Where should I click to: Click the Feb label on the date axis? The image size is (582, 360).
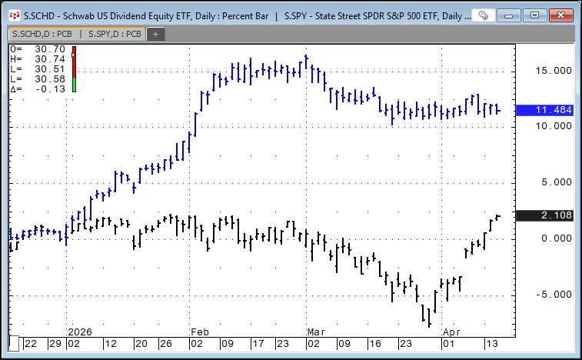click(x=198, y=332)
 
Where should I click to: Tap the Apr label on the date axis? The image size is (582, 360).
click(x=451, y=332)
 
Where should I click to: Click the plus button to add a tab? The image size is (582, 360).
click(x=155, y=33)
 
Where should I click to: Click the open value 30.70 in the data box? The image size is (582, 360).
click(x=50, y=49)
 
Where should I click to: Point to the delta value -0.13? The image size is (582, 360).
click(x=50, y=88)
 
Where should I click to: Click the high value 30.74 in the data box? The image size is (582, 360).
click(x=50, y=59)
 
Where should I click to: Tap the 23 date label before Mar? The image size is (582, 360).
click(x=283, y=343)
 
